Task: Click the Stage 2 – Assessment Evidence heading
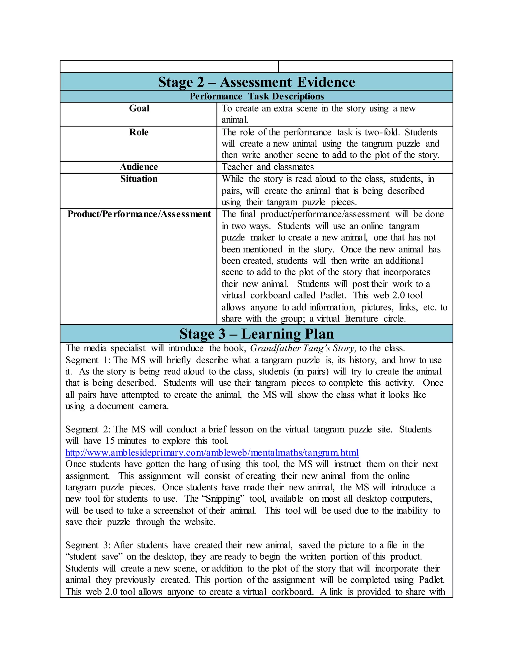pos(256,82)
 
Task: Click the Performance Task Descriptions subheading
pos(256,96)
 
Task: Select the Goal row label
pos(139,108)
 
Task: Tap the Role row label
pos(139,132)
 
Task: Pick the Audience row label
pos(139,167)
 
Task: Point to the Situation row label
pos(139,179)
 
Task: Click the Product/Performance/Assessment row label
pos(139,214)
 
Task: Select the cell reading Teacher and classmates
pos(268,167)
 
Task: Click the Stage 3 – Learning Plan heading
pos(256,334)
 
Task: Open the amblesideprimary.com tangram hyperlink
pos(212,453)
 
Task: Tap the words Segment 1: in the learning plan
pos(88,360)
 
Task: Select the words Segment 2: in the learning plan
pos(88,429)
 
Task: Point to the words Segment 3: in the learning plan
pos(88,545)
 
